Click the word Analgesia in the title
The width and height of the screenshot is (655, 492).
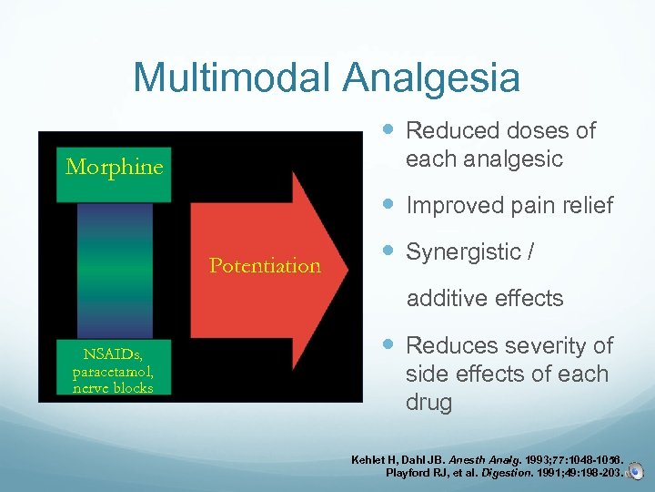click(x=430, y=77)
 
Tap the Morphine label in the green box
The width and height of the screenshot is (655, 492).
click(x=115, y=168)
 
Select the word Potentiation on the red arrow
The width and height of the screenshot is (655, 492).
click(x=265, y=266)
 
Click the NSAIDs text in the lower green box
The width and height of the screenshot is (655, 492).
click(x=112, y=354)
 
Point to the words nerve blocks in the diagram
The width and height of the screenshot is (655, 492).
click(x=113, y=386)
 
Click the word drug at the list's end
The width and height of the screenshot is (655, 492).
click(x=428, y=403)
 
